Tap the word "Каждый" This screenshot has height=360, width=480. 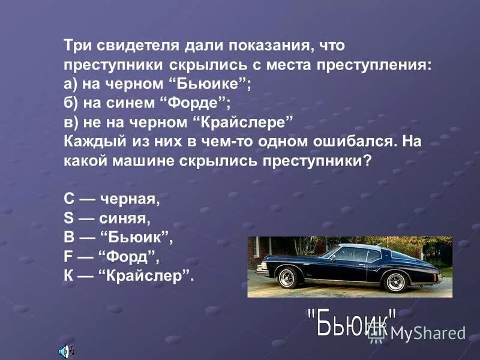coord(87,142)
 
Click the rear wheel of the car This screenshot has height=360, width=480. coord(397,280)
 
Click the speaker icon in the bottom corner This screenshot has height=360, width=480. coord(64,350)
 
